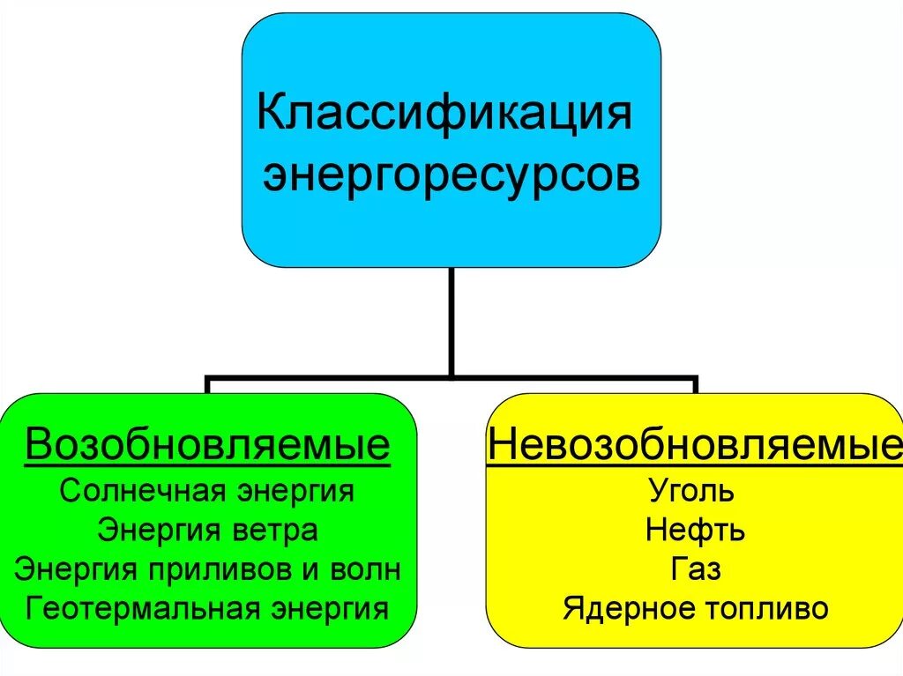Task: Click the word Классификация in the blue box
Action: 444,115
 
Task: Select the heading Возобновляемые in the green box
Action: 207,446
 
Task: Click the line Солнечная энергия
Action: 207,491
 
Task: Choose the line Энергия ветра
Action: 207,531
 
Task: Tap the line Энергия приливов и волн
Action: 207,569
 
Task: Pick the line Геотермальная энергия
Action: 207,609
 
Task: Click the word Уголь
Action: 690,491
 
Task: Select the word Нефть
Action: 695,531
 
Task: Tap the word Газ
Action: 695,569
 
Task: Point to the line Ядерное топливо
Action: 695,609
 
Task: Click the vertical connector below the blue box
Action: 451,322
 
